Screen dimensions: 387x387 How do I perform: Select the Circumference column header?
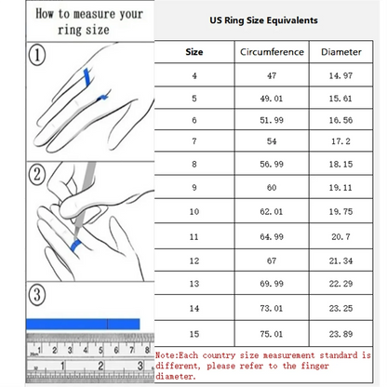pyautogui.click(x=272, y=52)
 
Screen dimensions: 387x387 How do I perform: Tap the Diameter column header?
pyautogui.click(x=340, y=52)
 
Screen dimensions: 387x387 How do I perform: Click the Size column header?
pyautogui.click(x=194, y=52)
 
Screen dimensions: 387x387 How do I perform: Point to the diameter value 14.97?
pyautogui.click(x=340, y=76)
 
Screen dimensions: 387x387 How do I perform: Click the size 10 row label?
pyautogui.click(x=194, y=212)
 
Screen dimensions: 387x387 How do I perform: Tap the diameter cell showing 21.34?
pyautogui.click(x=340, y=257)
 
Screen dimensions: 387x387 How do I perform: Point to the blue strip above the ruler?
pyautogui.click(x=84, y=324)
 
